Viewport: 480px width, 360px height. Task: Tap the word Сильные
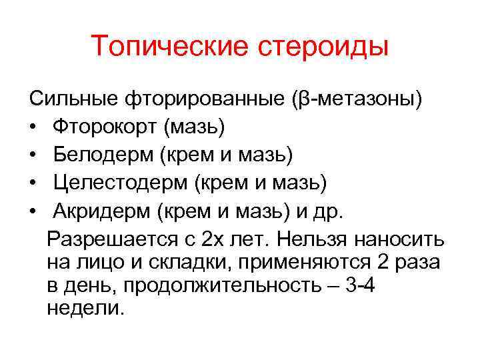coord(74,100)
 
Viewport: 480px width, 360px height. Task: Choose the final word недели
coord(85,309)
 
